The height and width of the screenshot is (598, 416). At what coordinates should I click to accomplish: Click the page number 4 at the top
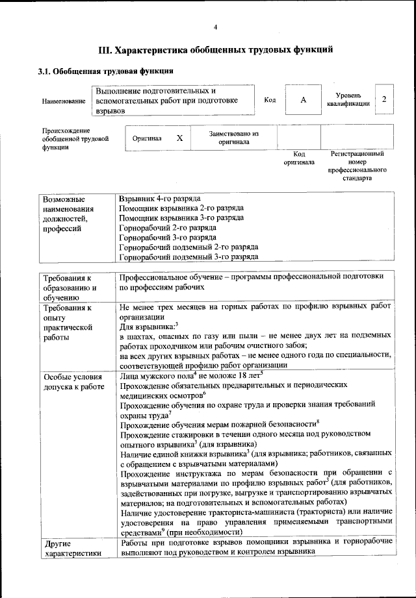(215, 27)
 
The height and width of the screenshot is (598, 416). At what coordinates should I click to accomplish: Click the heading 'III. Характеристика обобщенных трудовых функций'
(215, 49)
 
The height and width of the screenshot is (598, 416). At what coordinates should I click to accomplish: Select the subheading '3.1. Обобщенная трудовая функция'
(105, 71)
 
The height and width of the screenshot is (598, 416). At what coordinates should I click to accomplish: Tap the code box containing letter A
(302, 100)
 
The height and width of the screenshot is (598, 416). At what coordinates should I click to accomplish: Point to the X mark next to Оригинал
(180, 138)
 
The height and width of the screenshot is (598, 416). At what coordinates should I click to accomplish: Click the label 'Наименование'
(63, 101)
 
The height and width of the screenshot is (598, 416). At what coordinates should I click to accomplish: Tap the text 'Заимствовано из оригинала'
(233, 137)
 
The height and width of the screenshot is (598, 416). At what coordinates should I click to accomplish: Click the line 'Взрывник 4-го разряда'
(160, 197)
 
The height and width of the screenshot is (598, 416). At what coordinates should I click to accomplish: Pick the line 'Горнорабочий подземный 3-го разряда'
(189, 256)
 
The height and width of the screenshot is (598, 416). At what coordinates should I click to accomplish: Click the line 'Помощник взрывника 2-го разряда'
(182, 208)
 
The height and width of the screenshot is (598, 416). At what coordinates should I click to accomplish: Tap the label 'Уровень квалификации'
(348, 99)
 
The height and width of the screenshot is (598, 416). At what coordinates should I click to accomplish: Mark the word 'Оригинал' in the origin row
(147, 138)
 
